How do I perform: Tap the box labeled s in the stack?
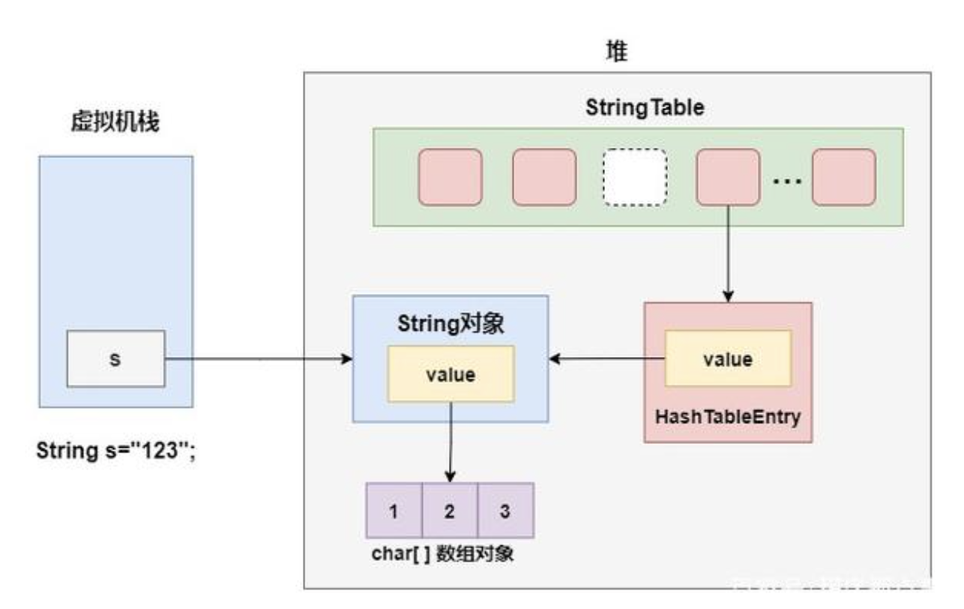click(115, 360)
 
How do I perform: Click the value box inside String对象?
click(450, 374)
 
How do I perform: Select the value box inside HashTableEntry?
click(727, 358)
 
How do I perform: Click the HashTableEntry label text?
click(727, 416)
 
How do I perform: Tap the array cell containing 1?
click(394, 511)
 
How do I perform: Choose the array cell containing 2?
click(450, 511)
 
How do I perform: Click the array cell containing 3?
click(505, 511)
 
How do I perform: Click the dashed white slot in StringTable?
click(634, 178)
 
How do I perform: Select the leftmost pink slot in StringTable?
click(450, 178)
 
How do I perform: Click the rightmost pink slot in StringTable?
click(843, 178)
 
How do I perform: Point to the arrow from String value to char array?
click(450, 442)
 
